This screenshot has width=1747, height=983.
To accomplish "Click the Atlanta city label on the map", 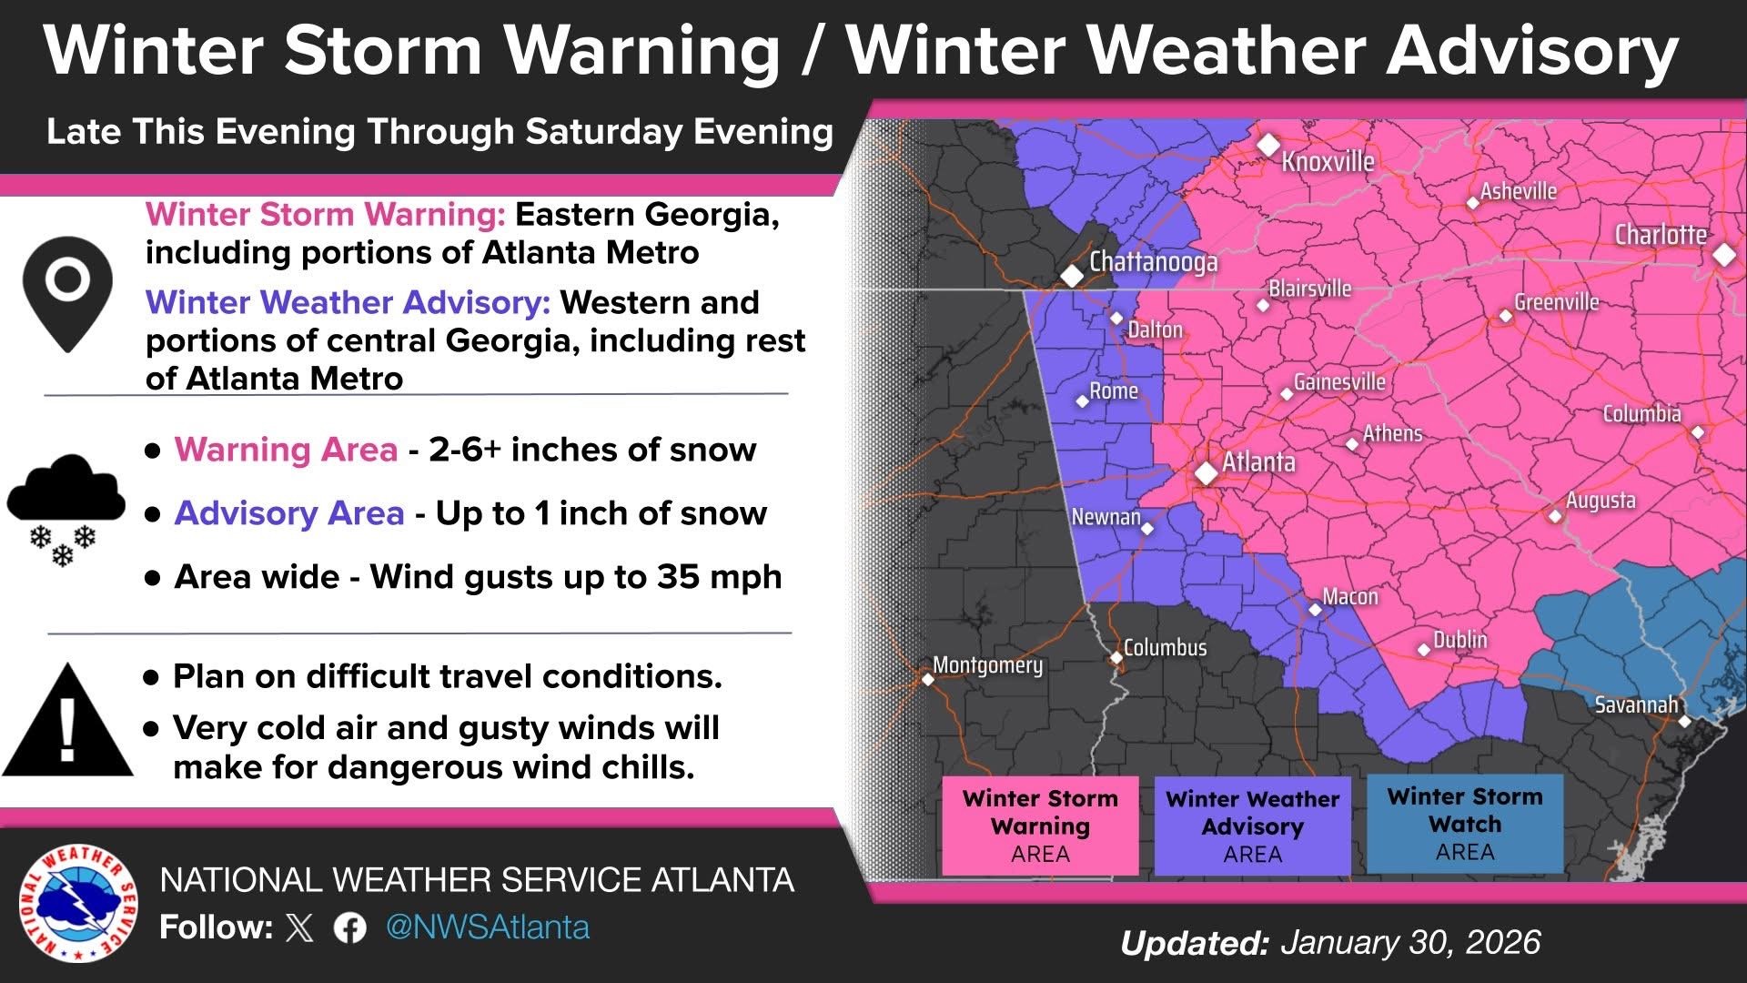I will [x=1258, y=461].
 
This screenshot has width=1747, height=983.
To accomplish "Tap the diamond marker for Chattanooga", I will [x=1073, y=275].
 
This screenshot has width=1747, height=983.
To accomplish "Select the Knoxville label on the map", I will [x=1328, y=162].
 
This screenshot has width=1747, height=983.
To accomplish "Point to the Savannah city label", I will [x=1635, y=704].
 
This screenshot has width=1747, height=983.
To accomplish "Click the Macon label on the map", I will [x=1349, y=596].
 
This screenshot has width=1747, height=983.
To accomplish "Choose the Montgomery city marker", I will [x=928, y=679].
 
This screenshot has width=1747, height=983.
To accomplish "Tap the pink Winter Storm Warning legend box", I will [x=1040, y=826].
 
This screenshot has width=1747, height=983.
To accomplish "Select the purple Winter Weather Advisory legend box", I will [x=1252, y=826].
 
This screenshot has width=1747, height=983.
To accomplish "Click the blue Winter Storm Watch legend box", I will [x=1464, y=824].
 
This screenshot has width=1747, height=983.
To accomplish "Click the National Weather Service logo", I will [x=77, y=903].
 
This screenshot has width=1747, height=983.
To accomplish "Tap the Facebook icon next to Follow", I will [x=350, y=927].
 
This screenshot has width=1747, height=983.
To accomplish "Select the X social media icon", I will [x=299, y=927].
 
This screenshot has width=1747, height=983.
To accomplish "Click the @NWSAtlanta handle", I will [x=488, y=927].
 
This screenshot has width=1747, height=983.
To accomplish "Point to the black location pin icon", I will [x=68, y=292].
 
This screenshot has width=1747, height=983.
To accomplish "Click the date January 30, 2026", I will [x=1410, y=942].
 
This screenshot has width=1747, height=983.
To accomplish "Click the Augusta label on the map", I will [x=1600, y=501].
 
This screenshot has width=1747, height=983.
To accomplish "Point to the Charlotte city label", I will [x=1660, y=235].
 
